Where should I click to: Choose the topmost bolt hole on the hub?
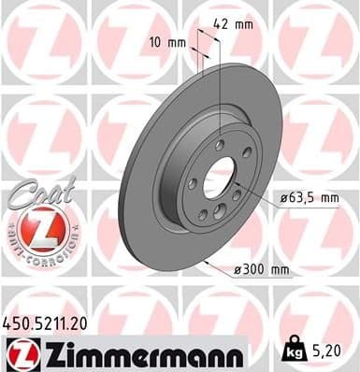click(219, 145)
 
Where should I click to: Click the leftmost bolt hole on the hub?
click(192, 183)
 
